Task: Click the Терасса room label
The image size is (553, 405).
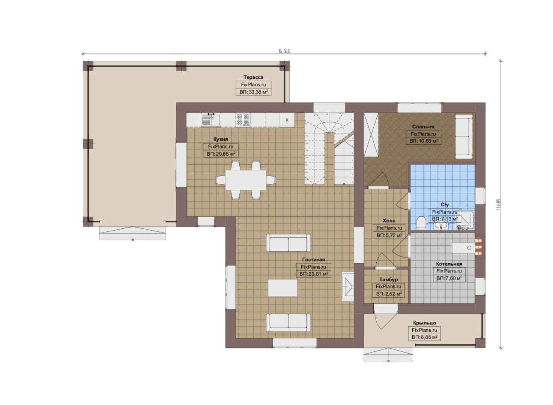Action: [x=253, y=77]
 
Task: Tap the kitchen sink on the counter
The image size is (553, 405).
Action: [x=211, y=120]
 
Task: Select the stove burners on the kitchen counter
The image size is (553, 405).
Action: [x=243, y=120]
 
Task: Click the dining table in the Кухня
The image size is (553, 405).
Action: [x=246, y=180]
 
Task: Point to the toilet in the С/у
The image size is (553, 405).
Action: [x=421, y=222]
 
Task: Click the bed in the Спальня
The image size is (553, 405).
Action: [x=464, y=136]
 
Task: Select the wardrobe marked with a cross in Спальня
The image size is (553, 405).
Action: [x=371, y=135]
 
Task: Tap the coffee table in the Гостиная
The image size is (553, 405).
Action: [x=283, y=288]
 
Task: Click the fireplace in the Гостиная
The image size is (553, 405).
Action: [x=348, y=286]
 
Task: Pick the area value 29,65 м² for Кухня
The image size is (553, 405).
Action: [x=221, y=154]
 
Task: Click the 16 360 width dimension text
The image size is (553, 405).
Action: [x=284, y=51]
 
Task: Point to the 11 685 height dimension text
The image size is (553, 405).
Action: [x=499, y=204]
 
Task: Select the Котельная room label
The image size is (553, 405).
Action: [x=449, y=264]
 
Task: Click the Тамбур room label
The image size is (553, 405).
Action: [x=389, y=279]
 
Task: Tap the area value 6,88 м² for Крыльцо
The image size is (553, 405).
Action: [x=424, y=337]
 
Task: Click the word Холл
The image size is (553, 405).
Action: [x=389, y=220]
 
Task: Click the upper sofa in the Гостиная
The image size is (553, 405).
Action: [x=289, y=243]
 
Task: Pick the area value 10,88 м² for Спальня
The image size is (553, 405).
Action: [x=424, y=141]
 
